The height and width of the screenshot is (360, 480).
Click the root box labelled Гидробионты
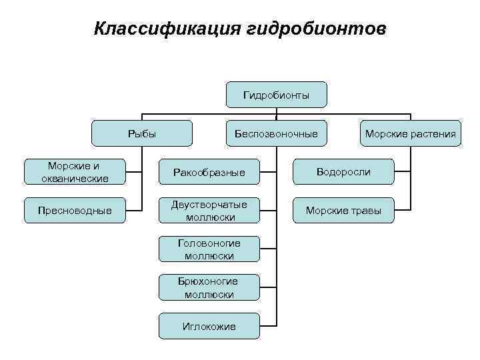coord(276,95)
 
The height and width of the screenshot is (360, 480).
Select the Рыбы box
coord(141,133)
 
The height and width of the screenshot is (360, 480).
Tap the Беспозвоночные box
coord(276,133)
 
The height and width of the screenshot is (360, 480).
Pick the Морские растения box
coord(410,133)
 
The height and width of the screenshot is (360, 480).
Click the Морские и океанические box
coord(75,172)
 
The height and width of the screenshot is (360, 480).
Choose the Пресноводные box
coord(75,211)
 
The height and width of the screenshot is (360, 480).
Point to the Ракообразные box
coord(209,173)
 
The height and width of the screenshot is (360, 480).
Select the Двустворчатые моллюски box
coord(209,211)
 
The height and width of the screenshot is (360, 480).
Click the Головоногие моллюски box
coord(209,249)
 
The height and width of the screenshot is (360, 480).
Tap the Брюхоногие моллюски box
coord(209,287)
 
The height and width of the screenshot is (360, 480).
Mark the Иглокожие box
coord(209,325)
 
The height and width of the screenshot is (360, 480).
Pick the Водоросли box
coord(343,172)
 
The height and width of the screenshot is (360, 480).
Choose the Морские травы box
coord(343,211)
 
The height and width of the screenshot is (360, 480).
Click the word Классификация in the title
coord(167,29)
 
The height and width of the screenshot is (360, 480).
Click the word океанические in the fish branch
coord(75,178)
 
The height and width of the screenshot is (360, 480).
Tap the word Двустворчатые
coord(209,205)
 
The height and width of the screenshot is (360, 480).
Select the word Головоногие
coord(209,243)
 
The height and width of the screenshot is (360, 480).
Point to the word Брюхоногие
coord(209,281)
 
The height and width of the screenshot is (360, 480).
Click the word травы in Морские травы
coord(366,211)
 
